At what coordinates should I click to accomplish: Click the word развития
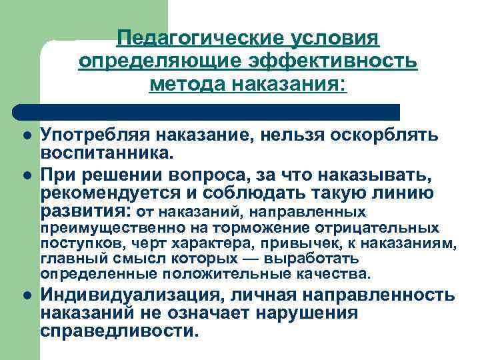click(x=85, y=213)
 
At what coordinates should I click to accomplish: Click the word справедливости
click(x=119, y=331)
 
